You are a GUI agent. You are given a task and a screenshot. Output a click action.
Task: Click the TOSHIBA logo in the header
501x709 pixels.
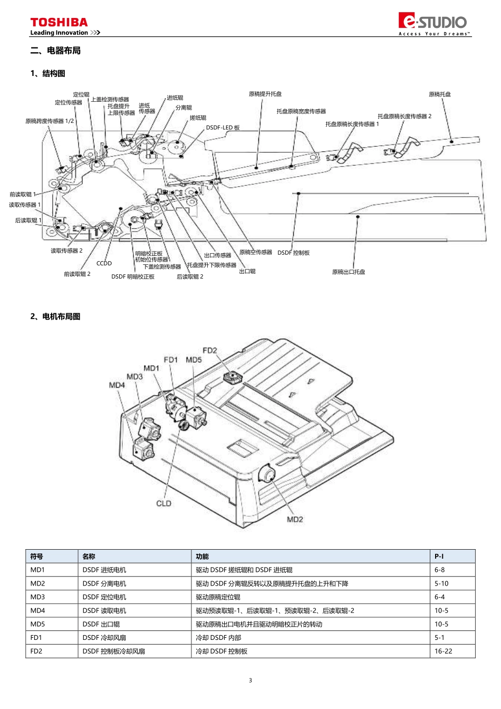59,22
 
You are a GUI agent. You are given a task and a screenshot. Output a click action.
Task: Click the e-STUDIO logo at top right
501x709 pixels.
433,22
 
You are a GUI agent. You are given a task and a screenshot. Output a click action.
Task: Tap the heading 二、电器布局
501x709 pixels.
55,51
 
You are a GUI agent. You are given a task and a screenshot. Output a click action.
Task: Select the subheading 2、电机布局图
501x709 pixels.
55,317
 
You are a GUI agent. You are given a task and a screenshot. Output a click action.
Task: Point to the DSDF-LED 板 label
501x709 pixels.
223,128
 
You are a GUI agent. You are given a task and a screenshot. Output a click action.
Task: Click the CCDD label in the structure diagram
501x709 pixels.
104,263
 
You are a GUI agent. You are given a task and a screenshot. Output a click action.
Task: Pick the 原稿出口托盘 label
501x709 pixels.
348,272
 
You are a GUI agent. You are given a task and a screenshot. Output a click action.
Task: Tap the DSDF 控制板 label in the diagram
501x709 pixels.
293,253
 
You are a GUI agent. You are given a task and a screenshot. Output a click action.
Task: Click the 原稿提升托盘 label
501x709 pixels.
265,94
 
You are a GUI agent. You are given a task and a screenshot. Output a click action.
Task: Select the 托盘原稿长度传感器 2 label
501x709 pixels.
404,116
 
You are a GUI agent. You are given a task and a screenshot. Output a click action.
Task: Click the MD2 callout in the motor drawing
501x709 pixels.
295,520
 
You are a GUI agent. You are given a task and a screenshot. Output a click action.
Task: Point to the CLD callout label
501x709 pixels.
163,503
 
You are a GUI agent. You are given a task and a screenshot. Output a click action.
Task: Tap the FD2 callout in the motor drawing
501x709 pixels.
209,350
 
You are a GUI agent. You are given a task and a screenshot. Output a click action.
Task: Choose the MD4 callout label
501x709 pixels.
117,385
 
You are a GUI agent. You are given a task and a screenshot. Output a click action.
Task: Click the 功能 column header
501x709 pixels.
202,557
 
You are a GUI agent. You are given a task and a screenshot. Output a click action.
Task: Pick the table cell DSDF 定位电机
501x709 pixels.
104,597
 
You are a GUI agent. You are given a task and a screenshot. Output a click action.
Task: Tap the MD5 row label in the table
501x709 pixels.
37,624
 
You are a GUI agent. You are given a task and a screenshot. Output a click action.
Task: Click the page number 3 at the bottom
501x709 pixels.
250,681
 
